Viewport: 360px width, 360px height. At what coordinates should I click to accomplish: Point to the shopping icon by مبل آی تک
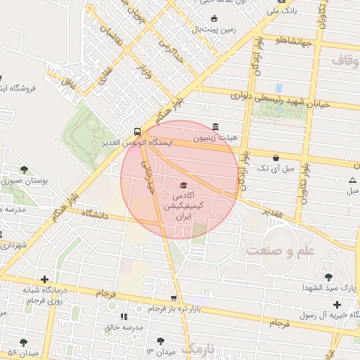(x=275, y=157)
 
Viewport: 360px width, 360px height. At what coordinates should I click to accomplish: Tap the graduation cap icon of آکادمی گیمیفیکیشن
(x=174, y=185)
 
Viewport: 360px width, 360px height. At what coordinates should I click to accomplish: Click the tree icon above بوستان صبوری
(x=25, y=169)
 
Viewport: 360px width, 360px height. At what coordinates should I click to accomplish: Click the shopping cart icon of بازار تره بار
(x=174, y=298)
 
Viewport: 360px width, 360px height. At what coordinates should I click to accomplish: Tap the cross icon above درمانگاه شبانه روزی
(x=44, y=278)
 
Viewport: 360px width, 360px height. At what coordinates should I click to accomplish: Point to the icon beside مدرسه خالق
(x=124, y=317)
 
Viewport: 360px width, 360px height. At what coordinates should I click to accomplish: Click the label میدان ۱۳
(x=160, y=349)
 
